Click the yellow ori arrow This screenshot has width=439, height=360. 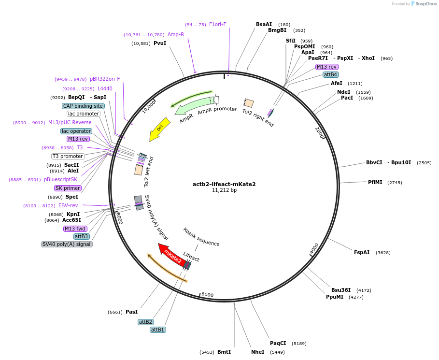160,129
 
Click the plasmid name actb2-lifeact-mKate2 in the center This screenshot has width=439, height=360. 224,184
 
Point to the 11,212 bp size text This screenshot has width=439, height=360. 224,190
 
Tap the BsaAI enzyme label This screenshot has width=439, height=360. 264,24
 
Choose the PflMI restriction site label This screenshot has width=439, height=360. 375,182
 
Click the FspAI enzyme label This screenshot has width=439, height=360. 362,252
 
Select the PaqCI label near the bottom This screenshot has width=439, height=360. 278,343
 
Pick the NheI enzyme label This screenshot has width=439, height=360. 257,352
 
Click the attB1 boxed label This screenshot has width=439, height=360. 158,330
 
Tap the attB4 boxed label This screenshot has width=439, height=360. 331,74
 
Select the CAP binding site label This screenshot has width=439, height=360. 83,106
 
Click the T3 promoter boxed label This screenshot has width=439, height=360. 68,156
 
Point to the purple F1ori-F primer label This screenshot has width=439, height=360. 217,24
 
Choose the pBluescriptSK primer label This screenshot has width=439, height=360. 60,179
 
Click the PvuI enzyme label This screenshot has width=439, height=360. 159,43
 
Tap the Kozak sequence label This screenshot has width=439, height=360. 201,237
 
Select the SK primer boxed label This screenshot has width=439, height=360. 68,188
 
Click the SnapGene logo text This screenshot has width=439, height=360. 426,3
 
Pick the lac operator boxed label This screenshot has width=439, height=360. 76,131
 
